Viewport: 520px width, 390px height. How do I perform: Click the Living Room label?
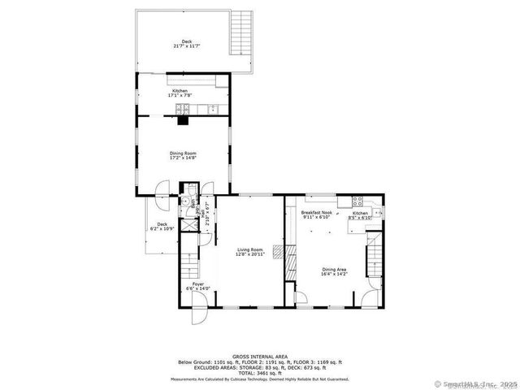coord(250,249)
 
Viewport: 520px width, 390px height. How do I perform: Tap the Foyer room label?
coord(198,284)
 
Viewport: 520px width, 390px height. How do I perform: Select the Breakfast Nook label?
coord(315,213)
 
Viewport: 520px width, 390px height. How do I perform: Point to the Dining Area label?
coord(334,271)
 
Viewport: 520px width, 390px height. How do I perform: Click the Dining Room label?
coord(183,153)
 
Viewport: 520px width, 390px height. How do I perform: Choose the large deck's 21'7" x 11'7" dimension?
coord(187,46)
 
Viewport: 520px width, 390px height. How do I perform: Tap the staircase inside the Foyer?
coord(188,263)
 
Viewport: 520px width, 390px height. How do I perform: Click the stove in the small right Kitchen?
coord(356,201)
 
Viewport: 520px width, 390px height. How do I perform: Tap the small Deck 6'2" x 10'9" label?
coord(162,227)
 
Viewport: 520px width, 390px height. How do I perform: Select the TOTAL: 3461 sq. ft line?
coord(260,372)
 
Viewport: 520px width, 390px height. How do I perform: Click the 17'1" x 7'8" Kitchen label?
coord(180,93)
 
